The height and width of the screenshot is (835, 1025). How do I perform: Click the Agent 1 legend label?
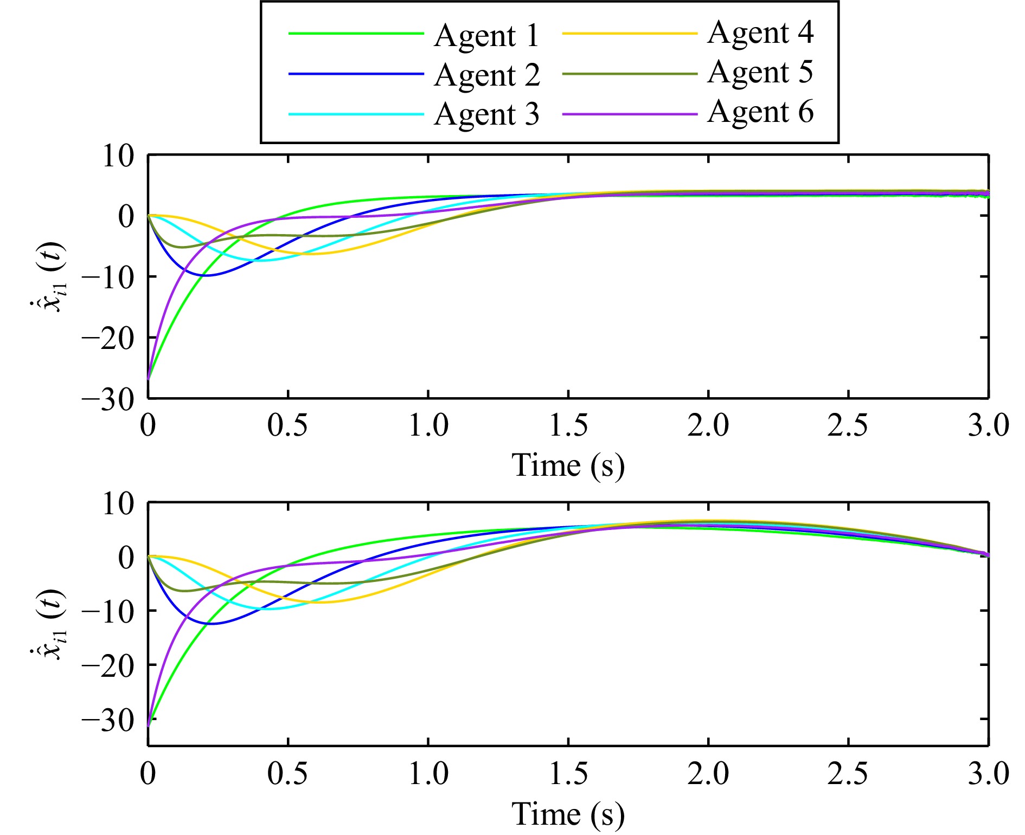486,36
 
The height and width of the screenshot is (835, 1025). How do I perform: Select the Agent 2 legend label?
486,75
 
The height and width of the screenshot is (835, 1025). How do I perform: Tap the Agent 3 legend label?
486,114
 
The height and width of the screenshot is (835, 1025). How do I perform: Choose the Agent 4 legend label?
760,33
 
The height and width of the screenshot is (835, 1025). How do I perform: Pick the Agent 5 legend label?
760,72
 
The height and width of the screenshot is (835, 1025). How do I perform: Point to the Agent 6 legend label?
760,112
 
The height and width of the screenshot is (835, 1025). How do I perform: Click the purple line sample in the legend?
629,114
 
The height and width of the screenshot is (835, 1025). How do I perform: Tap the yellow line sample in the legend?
629,34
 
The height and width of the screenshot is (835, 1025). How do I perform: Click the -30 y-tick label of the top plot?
108,400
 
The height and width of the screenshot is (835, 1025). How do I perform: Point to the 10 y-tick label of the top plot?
118,157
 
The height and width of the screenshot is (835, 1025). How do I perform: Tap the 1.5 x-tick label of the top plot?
568,425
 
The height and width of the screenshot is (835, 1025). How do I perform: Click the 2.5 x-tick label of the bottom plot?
848,774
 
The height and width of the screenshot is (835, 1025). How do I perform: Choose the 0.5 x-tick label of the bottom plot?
287,774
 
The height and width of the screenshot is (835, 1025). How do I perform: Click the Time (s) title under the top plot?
568,465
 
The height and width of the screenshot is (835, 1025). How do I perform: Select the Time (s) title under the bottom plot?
568,814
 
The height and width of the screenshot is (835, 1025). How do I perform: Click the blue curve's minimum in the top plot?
204,276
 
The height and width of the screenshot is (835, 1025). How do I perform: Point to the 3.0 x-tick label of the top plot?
988,425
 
